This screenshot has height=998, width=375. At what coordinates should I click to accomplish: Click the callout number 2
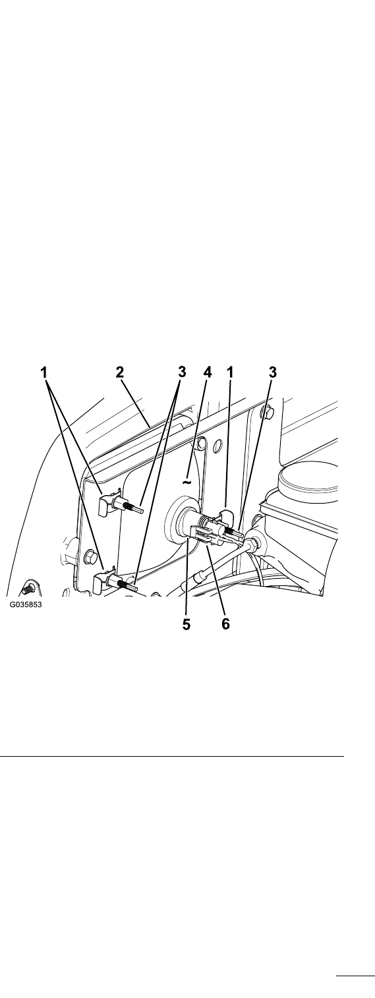click(119, 372)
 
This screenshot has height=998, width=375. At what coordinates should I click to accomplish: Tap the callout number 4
click(208, 372)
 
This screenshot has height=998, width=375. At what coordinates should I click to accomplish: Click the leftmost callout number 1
click(43, 372)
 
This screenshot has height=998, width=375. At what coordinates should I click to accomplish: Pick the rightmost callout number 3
click(273, 372)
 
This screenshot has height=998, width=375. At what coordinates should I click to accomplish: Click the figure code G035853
click(26, 605)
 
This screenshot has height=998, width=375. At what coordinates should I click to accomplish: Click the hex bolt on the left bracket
click(89, 556)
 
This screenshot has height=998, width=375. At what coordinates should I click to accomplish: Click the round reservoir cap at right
click(308, 479)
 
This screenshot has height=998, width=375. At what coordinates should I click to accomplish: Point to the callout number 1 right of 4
click(230, 372)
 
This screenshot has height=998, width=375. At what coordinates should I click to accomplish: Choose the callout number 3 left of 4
click(181, 372)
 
